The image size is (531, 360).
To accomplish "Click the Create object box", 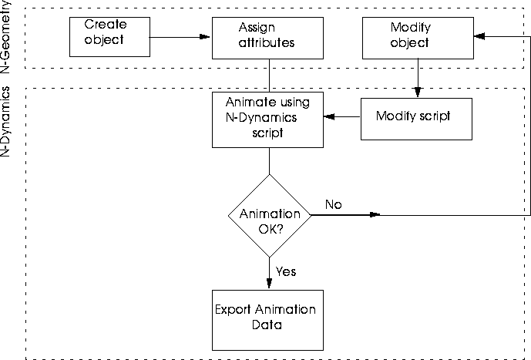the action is point(109,37).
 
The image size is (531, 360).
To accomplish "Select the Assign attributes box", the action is point(267,38).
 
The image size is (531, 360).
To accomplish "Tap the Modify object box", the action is point(418,38).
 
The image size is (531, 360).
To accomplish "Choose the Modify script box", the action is point(416,119).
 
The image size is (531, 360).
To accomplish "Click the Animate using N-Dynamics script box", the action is point(267,120).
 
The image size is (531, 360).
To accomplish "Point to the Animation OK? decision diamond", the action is point(270,216).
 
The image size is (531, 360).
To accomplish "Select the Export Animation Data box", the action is point(267,320).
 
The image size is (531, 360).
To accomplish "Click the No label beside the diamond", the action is point(334,204).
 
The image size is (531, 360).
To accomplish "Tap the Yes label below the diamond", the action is point(286,271).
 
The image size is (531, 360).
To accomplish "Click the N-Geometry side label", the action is point(5,36).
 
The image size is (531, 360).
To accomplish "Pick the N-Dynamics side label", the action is point(5,121).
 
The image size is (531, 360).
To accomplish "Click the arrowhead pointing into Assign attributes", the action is point(205,36).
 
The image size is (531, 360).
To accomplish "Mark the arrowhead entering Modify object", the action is point(479,36).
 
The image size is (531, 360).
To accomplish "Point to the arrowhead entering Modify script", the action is point(418,92).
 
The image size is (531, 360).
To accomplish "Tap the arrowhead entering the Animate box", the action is point(329,117).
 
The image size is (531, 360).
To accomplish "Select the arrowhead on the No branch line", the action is point(375,214).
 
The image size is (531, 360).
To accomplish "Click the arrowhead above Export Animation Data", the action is point(269,283).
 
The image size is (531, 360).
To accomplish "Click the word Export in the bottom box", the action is point(233,310).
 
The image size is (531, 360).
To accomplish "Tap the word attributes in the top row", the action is point(267,42).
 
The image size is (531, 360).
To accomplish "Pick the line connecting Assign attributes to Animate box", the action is point(270,76).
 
